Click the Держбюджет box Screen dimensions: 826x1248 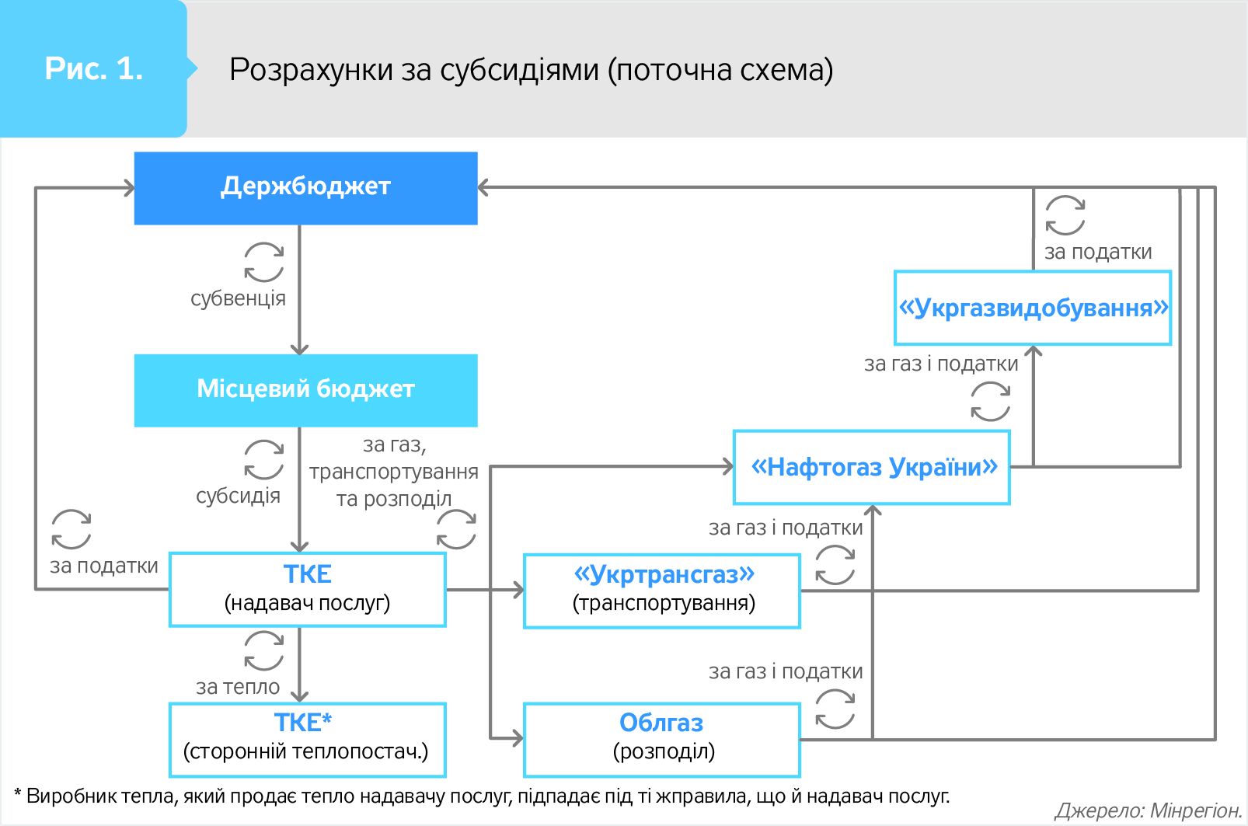pos(305,188)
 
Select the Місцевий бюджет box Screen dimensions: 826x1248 pos(305,390)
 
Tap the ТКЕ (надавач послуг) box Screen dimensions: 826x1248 pos(307,589)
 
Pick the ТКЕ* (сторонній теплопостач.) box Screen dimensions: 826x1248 pos(307,739)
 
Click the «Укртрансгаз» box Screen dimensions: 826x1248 pos(662,591)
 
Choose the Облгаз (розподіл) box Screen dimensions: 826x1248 pos(662,739)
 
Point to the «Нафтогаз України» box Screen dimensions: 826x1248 pos(872,467)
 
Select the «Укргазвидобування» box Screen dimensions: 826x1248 pos(1033,308)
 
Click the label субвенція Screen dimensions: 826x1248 pos(238,298)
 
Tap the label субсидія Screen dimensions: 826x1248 pos(238,496)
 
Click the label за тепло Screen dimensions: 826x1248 pos(238,687)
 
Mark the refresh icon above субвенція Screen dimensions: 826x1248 pos(264,262)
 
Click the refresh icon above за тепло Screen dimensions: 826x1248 pos(264,650)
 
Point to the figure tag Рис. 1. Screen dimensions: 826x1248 pos(93,69)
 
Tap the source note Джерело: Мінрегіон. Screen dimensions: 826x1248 pos(1148,810)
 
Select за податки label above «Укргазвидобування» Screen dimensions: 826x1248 pos(1097,252)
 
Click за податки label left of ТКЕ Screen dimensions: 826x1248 pos(103,566)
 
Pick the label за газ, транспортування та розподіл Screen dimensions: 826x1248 pos(393,472)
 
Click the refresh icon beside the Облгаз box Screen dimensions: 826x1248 pos(835,709)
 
